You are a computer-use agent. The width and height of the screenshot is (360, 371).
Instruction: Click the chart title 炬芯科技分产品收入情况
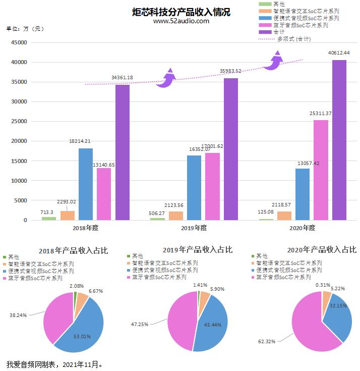point(180,12)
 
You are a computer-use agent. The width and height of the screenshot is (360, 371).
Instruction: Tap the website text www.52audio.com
point(181,21)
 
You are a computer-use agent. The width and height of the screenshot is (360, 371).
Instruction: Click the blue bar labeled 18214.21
point(86,184)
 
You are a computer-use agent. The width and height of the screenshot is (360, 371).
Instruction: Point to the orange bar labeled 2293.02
point(68,216)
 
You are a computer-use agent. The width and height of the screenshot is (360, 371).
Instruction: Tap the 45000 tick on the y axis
point(19,43)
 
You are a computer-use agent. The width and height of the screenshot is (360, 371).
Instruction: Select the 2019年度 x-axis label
point(194,228)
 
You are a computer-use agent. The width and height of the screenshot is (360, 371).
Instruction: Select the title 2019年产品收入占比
point(197,249)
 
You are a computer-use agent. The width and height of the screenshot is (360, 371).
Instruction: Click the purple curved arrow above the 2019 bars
point(165,79)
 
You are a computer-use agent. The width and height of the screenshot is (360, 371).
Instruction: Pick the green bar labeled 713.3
point(49,218)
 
